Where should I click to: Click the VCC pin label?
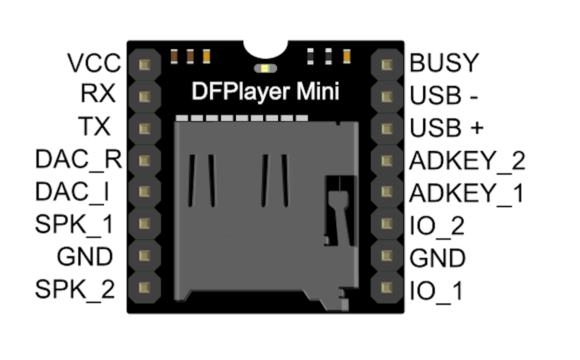tap(94, 63)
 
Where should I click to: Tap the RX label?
tap(97, 94)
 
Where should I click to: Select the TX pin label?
tap(95, 127)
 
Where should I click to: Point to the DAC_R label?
tap(78, 160)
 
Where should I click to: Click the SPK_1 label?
tap(74, 224)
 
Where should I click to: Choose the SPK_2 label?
tap(75, 289)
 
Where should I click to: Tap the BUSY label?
tap(444, 63)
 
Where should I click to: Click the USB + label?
tap(447, 128)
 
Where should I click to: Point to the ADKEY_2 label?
tap(467, 161)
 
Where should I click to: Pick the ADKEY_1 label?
tap(466, 193)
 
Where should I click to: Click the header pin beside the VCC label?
tap(144, 64)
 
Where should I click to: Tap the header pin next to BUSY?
tap(386, 64)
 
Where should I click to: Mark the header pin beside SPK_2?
tap(144, 287)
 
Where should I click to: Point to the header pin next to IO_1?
tap(386, 287)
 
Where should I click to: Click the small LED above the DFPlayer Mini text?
tap(265, 68)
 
